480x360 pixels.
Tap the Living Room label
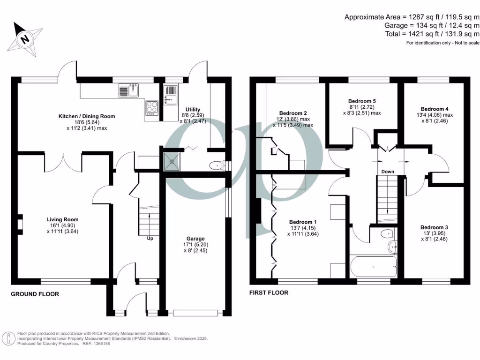[x=62, y=219]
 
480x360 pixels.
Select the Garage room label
[x=195, y=239]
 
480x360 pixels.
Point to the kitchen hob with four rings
[x=152, y=108]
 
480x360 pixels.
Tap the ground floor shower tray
[x=172, y=162]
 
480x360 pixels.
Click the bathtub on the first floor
[x=373, y=267]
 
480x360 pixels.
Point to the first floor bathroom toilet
[x=387, y=233]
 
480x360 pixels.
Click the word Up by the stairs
[x=150, y=238]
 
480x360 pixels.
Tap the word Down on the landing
[x=387, y=172]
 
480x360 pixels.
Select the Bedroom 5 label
[x=362, y=101]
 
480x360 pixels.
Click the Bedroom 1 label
[x=303, y=222]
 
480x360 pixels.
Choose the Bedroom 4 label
[x=434, y=108]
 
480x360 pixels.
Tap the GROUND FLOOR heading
[x=35, y=294]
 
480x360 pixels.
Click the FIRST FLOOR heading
[x=269, y=293]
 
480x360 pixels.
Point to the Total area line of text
[x=432, y=34]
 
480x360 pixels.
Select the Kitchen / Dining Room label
[x=86, y=116]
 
